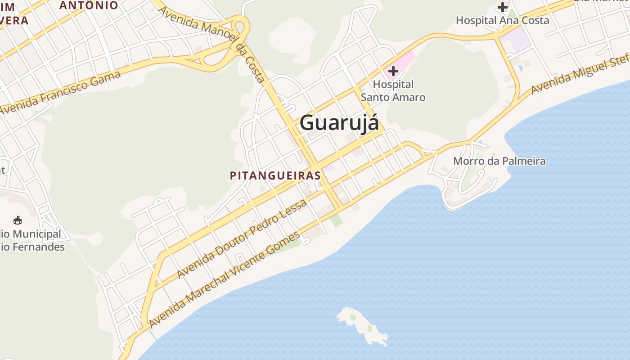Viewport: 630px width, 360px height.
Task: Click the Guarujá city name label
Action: click(x=339, y=122)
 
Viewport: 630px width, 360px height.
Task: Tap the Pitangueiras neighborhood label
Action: click(x=275, y=175)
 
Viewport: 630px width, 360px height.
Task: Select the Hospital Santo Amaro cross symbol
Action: click(x=393, y=71)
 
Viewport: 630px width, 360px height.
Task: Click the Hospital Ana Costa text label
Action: click(x=502, y=20)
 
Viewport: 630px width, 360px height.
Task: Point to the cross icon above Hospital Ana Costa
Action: click(x=503, y=7)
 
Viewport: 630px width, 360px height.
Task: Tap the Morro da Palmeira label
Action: click(x=499, y=161)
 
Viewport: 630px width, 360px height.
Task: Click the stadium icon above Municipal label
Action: click(x=18, y=220)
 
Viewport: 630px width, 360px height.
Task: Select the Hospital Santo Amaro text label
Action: click(x=393, y=90)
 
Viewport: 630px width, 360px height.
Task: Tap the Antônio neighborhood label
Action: click(x=89, y=5)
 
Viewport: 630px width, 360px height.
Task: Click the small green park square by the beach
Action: click(x=336, y=221)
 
